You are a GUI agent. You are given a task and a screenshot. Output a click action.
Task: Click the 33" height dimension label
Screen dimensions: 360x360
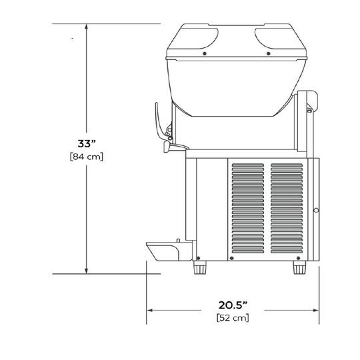86,144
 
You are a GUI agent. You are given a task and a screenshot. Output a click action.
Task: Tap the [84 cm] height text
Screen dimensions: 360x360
87,157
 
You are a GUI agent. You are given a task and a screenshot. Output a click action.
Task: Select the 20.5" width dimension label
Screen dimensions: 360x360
233,305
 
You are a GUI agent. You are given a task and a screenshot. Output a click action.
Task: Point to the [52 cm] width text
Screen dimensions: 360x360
233,318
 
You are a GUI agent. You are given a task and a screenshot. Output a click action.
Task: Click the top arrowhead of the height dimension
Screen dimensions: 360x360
86,27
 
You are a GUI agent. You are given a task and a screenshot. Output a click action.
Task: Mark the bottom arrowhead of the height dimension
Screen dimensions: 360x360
86,271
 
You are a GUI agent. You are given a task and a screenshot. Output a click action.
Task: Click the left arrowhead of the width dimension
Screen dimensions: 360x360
150,311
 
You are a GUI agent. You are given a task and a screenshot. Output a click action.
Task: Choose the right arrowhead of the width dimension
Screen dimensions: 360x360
316,311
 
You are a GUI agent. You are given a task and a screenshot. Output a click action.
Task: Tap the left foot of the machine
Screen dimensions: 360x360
200,267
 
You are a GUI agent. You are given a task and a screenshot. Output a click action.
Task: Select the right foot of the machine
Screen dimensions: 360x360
299,267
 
